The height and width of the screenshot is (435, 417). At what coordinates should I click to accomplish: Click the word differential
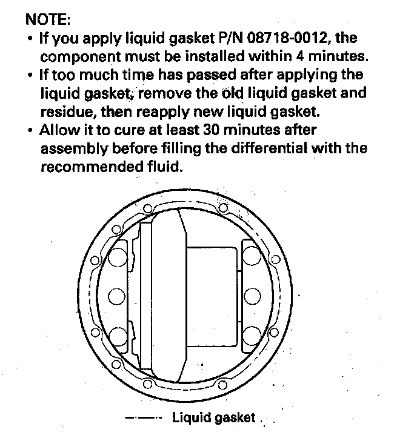click(274, 148)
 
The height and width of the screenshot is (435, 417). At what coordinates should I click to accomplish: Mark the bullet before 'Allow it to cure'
click(30, 130)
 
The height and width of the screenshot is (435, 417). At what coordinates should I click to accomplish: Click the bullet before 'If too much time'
click(30, 75)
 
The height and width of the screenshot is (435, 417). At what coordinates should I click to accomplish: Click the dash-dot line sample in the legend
click(144, 417)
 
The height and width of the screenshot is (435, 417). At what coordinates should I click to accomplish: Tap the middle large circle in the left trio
click(118, 297)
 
